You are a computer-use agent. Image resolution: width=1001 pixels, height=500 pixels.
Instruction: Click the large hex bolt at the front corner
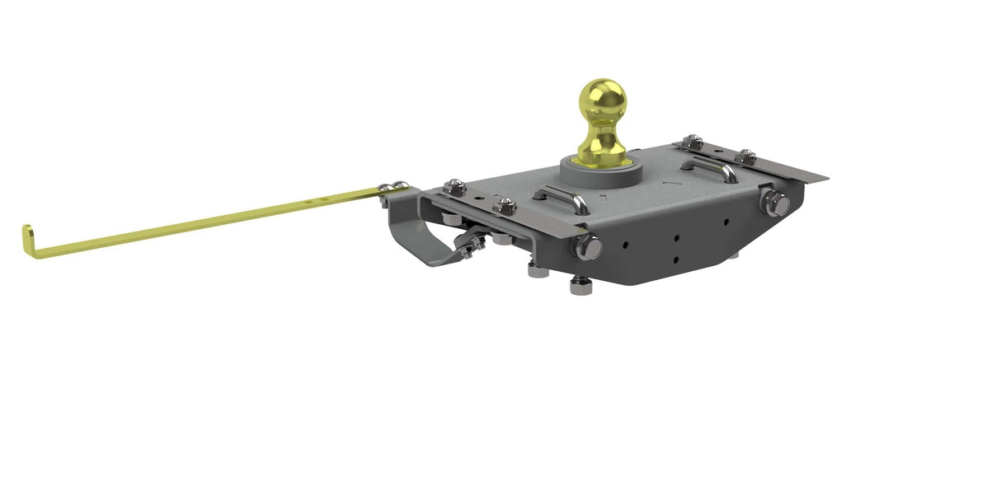click(589, 244)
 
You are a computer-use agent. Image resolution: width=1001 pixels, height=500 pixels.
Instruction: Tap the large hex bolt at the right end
click(775, 202)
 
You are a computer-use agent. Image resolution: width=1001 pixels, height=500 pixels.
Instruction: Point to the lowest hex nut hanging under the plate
click(579, 286)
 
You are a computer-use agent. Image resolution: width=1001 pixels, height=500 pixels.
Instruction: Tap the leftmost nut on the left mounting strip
click(453, 189)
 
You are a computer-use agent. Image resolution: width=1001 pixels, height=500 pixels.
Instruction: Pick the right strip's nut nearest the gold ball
click(694, 142)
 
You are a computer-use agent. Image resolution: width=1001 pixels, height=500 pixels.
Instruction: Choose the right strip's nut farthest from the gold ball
click(746, 156)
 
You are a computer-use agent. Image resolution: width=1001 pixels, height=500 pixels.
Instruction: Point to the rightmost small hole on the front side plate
click(726, 221)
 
